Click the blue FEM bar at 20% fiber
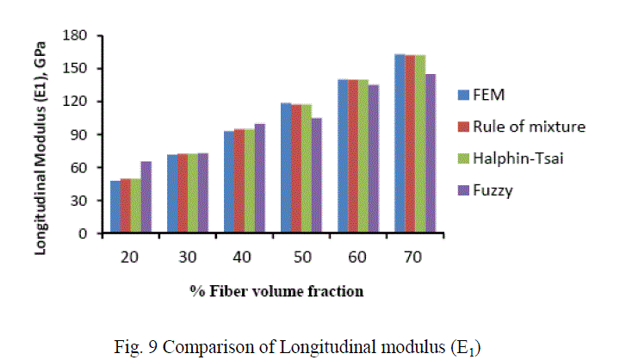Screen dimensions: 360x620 (115, 207)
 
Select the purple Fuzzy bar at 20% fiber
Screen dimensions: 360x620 (146, 197)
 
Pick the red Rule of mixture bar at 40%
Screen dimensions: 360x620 (239, 182)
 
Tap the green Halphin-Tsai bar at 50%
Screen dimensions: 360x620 (306, 169)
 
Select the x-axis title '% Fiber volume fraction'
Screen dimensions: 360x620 (276, 291)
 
